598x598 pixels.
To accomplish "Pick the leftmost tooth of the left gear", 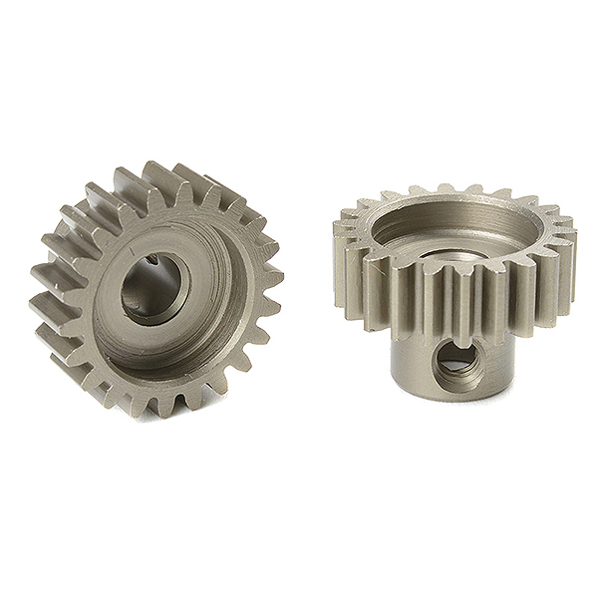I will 48,271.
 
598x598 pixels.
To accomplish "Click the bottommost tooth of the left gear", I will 159,404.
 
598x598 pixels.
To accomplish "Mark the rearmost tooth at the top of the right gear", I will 448,188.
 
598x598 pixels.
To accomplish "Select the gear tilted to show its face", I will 155,289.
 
